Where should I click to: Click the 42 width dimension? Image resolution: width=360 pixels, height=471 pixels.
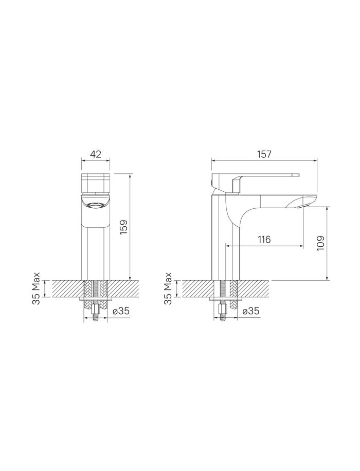pyautogui.click(x=96, y=154)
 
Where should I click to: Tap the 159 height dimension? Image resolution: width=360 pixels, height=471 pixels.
pyautogui.click(x=124, y=228)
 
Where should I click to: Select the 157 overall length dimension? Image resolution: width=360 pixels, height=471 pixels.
pyautogui.click(x=264, y=154)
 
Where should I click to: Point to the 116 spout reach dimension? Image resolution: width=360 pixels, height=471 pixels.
pyautogui.click(x=264, y=240)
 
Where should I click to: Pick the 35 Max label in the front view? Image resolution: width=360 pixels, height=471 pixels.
pyautogui.click(x=36, y=288)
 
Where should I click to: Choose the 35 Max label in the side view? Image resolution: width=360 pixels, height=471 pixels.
pyautogui.click(x=168, y=288)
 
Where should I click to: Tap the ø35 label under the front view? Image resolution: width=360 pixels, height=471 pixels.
pyautogui.click(x=121, y=311)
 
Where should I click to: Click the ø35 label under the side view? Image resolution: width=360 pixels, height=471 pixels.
pyautogui.click(x=250, y=311)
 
